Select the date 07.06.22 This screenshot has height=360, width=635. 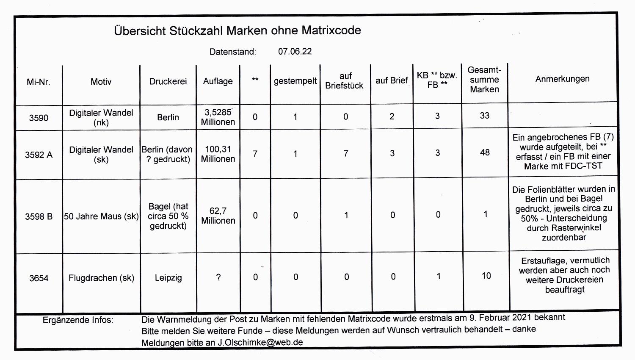295,52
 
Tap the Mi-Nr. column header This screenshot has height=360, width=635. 38,82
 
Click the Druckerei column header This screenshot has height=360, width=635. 168,81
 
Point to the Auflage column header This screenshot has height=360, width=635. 218,81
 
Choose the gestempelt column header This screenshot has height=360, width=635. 295,81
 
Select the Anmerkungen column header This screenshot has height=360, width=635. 562,79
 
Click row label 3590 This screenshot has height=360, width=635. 39,118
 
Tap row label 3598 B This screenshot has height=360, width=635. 39,217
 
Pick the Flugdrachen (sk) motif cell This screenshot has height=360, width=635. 101,278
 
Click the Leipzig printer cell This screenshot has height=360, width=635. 168,278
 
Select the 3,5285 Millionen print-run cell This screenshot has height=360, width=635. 218,117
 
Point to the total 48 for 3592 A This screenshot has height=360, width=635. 485,152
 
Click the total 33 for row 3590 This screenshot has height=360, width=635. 485,116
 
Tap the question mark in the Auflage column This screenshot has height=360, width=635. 218,277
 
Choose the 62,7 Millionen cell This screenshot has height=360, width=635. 218,216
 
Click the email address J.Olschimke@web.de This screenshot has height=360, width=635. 260,343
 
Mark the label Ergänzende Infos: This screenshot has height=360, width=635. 78,320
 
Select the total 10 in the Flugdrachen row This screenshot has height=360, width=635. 486,276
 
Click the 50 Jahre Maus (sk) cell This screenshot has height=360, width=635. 101,216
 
